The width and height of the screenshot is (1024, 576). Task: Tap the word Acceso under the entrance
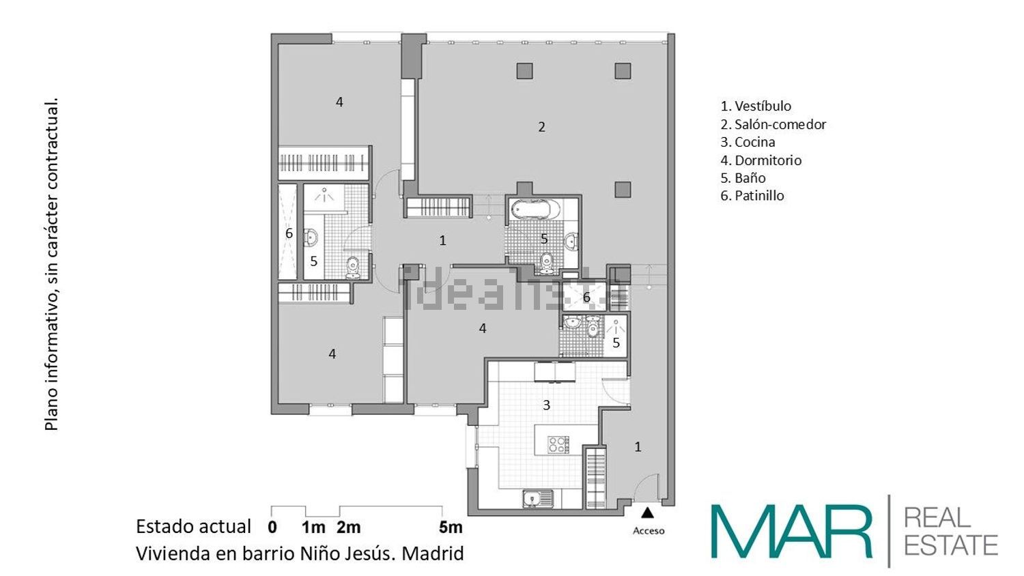(649, 531)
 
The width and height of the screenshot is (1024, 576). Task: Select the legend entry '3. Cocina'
(748, 142)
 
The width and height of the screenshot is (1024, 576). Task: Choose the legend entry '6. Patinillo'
(752, 196)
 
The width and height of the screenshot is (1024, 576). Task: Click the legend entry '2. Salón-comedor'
(773, 124)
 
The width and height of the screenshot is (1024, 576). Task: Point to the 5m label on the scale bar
(451, 527)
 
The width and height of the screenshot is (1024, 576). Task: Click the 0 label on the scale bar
(272, 527)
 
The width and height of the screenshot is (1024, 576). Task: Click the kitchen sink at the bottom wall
(537, 499)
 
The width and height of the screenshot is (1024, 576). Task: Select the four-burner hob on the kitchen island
(558, 444)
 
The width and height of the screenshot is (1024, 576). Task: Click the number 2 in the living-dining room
(541, 127)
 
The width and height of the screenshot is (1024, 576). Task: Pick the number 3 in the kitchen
(546, 405)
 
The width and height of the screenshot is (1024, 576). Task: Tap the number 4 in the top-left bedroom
(339, 102)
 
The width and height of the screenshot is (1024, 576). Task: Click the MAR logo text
(792, 532)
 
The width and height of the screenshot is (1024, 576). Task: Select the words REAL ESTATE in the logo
(950, 532)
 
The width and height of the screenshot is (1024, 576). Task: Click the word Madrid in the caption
(432, 553)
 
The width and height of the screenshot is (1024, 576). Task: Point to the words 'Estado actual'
(193, 527)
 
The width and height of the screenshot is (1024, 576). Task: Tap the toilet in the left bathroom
(353, 268)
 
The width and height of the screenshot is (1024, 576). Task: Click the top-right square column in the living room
(622, 70)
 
